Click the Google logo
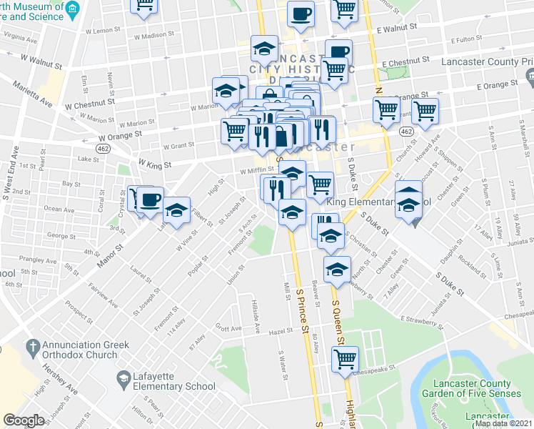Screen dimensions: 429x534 click(x=24, y=420)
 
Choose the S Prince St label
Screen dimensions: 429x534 click(x=301, y=293)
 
